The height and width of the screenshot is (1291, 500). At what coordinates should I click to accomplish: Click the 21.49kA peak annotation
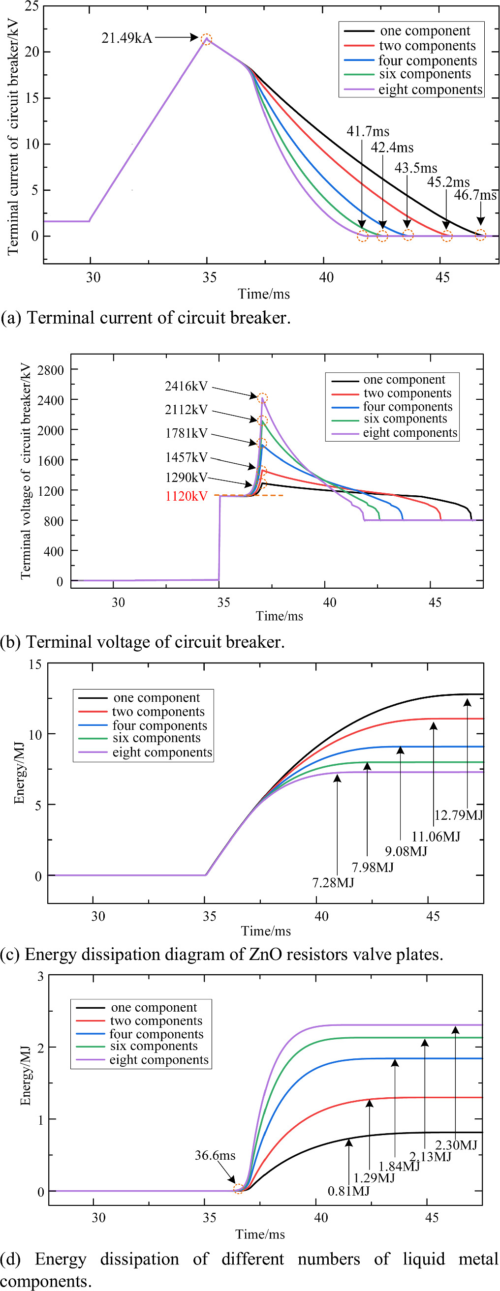coord(126,38)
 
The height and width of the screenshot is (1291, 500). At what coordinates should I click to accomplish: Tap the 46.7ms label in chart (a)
coord(474,195)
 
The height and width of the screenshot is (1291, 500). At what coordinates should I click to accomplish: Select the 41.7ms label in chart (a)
coord(368,131)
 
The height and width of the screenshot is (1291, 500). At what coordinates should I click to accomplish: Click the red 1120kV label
coord(186,496)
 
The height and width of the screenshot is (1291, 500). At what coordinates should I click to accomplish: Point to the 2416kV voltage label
coord(186,386)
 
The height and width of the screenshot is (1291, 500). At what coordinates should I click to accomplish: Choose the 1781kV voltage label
coord(186,433)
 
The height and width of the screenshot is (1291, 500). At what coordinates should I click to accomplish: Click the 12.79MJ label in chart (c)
coord(458,815)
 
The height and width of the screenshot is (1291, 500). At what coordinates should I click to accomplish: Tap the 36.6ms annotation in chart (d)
coord(215,1155)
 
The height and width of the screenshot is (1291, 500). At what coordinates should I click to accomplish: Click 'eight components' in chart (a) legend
coord(430,90)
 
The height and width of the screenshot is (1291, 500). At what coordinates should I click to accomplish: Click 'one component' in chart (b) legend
coord(404,379)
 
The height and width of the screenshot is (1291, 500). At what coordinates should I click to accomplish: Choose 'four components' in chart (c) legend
coord(159,725)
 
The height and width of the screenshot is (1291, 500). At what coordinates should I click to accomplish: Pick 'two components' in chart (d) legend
coord(156,1021)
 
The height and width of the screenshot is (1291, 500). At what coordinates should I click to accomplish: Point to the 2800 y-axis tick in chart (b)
coord(51,370)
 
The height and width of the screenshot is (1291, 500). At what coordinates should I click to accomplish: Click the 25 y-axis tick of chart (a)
coord(31,6)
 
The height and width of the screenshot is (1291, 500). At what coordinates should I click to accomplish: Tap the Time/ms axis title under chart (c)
coord(266,931)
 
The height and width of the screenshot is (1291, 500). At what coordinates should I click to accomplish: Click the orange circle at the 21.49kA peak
coord(206,39)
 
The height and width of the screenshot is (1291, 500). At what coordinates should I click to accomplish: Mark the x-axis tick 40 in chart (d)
coord(321,1217)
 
